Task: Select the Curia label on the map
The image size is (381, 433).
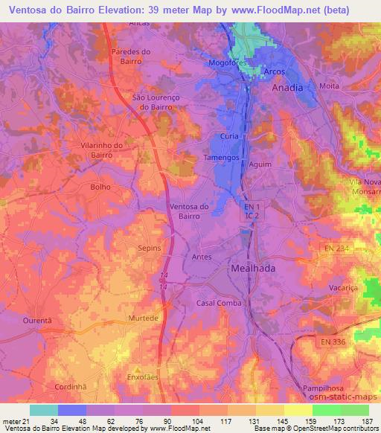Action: pos(230,136)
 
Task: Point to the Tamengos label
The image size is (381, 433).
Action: pos(222,158)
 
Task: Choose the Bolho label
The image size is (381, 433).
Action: pos(100,187)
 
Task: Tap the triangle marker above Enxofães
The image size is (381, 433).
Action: pos(136,369)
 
